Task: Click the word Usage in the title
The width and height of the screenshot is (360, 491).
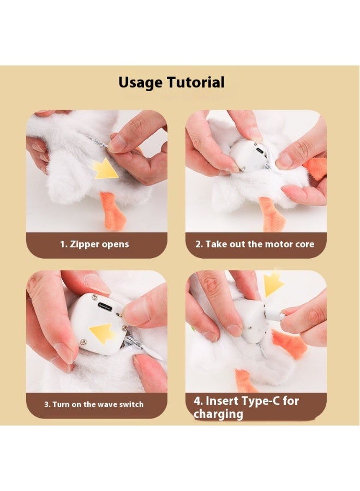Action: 140,83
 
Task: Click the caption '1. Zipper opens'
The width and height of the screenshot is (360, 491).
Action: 94,244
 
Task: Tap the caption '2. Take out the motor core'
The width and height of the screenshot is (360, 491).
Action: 255,244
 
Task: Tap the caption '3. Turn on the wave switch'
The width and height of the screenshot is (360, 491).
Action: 94,404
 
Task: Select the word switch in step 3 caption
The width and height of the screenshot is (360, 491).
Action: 130,404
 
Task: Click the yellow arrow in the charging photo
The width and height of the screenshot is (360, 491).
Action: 273,284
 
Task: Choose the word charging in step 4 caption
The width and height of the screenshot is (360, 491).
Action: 218,414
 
